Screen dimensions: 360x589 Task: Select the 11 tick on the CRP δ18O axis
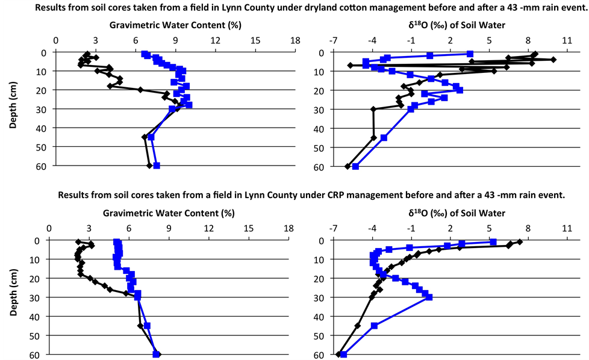coord(567,229)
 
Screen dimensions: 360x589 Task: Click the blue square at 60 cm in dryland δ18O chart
coord(355,166)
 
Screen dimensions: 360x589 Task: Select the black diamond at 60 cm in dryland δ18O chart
coord(347,166)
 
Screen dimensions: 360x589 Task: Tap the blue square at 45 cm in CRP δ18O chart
coord(374,326)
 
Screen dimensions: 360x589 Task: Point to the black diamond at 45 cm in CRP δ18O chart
coord(358,326)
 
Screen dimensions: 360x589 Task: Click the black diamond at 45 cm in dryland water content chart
coord(145,137)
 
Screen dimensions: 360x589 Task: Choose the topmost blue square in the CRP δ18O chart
coord(493,242)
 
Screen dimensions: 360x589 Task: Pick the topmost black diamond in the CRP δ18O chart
coord(520,241)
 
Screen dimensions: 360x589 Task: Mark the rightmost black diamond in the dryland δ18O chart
coord(553,60)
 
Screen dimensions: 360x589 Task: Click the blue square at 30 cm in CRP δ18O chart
coord(429,297)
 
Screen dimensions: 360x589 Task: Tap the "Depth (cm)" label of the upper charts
coord(13,110)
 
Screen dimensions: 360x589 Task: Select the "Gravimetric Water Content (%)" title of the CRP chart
coord(169,213)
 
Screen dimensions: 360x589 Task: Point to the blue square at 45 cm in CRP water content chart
coord(147,326)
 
